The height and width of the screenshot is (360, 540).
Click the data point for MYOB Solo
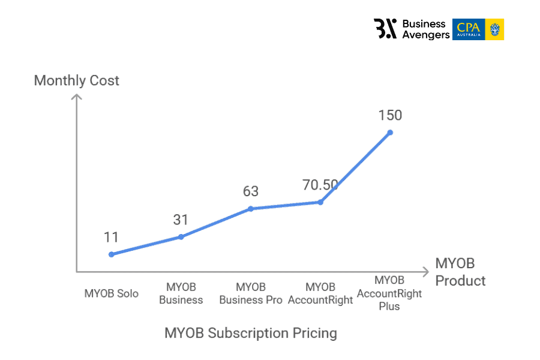pos(111,254)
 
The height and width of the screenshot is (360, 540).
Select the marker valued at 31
pos(181,237)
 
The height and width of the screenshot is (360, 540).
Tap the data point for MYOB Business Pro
pos(251,209)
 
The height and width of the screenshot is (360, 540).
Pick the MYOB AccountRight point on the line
pos(320,202)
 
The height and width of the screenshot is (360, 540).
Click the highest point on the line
pos(390,132)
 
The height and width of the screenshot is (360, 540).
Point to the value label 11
pos(111,237)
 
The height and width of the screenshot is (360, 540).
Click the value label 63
pos(251,191)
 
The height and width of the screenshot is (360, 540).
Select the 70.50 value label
pos(320,185)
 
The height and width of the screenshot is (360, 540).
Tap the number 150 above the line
pos(390,115)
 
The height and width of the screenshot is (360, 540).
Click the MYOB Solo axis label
pos(111,293)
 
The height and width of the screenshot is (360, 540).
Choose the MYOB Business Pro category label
pos(251,293)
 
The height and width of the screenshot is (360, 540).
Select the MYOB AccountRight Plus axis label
pos(389,293)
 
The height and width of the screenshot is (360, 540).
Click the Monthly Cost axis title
pos(77,80)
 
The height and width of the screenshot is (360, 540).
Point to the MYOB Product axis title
pos(460,272)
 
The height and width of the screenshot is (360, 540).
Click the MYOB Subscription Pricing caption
pos(251,333)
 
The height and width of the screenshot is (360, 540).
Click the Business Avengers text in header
pos(425,29)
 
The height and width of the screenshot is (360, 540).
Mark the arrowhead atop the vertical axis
pos(77,97)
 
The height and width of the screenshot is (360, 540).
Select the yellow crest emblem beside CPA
pos(495,29)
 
